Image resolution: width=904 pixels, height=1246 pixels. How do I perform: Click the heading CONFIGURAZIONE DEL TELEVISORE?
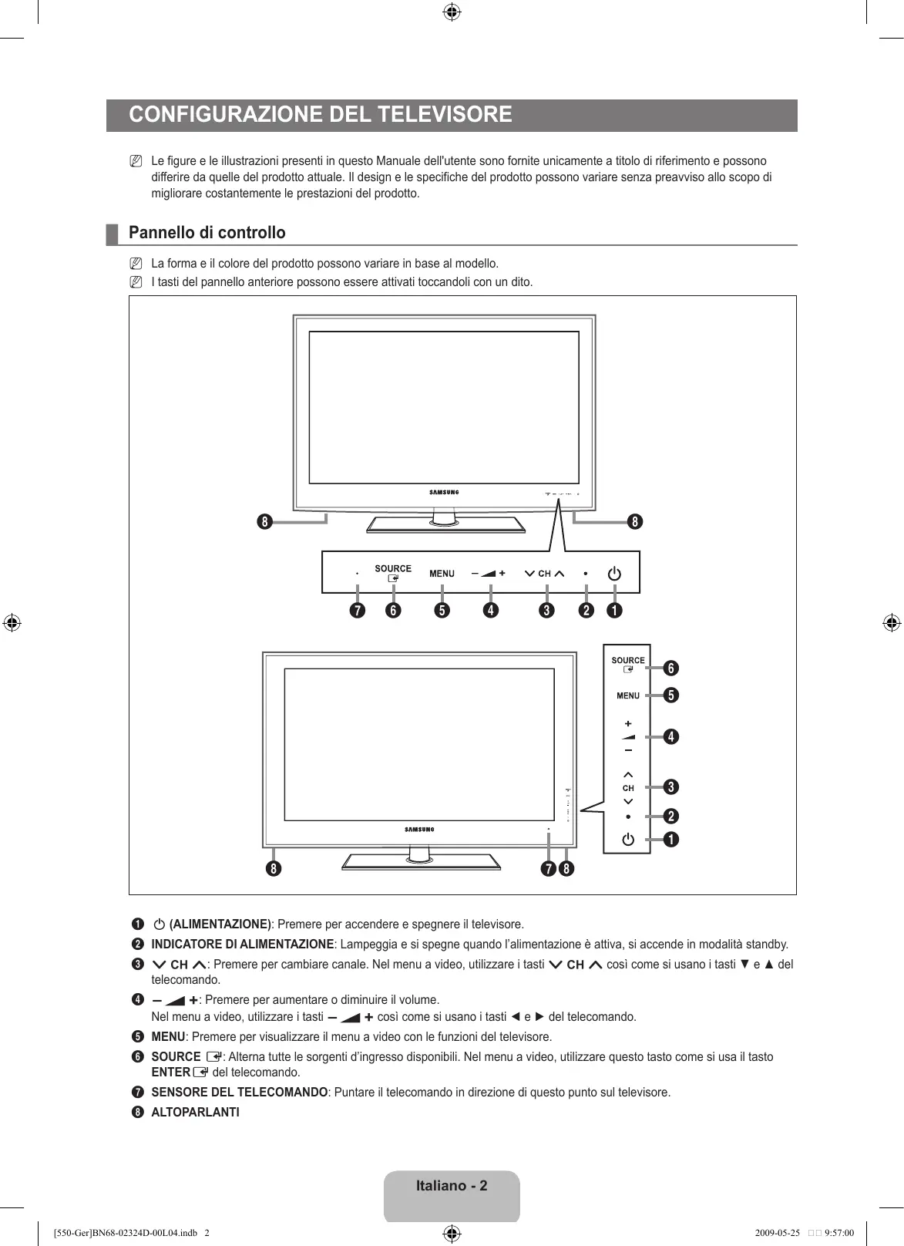click(x=321, y=115)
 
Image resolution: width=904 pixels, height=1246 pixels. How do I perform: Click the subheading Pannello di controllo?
click(x=207, y=233)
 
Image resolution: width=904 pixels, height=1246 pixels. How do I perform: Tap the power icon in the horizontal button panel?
click(x=614, y=574)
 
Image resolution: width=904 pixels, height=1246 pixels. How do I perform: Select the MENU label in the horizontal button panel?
click(x=442, y=574)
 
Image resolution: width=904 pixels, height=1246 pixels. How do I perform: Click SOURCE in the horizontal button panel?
click(x=393, y=569)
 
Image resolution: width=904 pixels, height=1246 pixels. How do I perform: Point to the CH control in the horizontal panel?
click(x=544, y=574)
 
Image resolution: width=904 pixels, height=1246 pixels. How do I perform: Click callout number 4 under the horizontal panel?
click(x=490, y=611)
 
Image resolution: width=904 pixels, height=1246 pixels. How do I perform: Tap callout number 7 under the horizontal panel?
click(x=357, y=611)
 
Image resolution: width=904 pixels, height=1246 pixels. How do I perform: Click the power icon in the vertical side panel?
click(x=628, y=839)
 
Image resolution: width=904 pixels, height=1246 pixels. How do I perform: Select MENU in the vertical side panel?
click(x=628, y=695)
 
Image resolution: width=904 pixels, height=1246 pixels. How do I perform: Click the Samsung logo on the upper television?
click(x=444, y=492)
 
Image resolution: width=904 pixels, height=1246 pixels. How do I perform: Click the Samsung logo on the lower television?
click(x=419, y=830)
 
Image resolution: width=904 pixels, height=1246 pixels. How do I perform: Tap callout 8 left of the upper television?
click(x=264, y=522)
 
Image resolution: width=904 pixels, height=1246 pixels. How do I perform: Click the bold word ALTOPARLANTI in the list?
click(x=195, y=1112)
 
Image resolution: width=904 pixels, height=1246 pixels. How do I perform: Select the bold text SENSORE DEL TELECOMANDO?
click(x=239, y=1092)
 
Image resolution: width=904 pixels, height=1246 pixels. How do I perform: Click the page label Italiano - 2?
click(x=452, y=1185)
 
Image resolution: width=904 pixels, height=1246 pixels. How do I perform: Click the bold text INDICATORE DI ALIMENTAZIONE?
click(x=242, y=944)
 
